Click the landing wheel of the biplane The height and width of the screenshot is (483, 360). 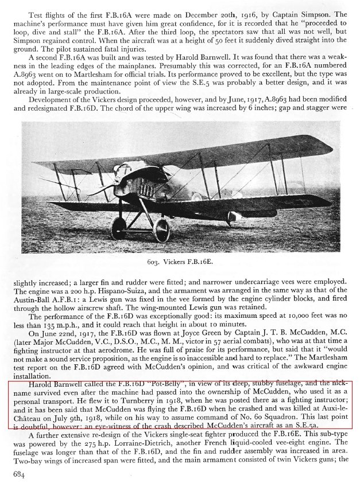pyautogui.click(x=160, y=229)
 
